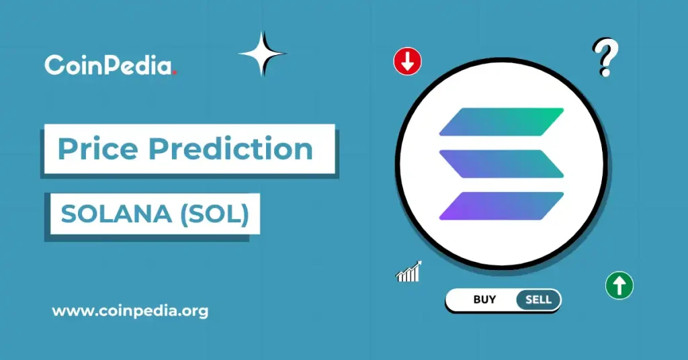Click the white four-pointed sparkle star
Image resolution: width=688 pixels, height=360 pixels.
coord(262,53)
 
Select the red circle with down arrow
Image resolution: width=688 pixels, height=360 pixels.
coord(407,62)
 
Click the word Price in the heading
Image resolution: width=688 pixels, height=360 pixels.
coord(99,149)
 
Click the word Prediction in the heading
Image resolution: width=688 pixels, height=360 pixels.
coord(230,149)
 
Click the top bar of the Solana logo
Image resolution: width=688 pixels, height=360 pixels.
coord(501,122)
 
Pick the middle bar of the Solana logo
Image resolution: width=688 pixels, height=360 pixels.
coord(501,164)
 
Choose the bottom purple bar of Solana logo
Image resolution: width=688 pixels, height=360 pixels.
coord(501,206)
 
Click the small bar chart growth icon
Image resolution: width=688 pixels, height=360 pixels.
coord(408,271)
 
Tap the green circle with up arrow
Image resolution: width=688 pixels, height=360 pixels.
coord(619,285)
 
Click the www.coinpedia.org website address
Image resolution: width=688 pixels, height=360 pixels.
coord(130,311)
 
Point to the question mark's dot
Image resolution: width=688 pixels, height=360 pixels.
coord(605,73)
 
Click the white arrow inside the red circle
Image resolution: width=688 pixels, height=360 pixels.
coord(407,62)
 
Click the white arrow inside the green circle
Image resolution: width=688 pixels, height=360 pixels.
coord(619,285)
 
